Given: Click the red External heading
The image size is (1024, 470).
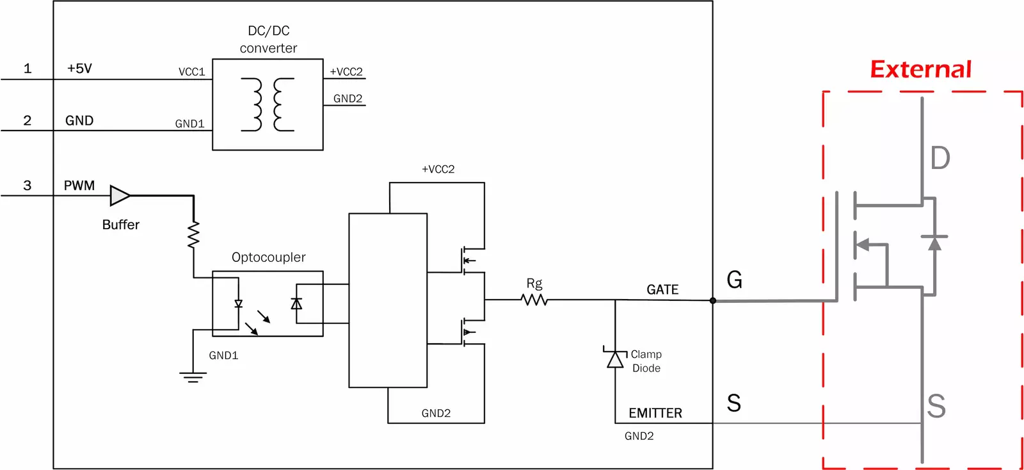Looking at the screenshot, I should [920, 69].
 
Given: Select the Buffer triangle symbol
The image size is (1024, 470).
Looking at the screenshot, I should [119, 195].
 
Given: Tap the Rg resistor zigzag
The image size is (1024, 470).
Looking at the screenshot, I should [534, 300].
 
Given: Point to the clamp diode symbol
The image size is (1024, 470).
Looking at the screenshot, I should [615, 360].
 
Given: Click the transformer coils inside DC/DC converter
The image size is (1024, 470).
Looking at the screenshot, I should [268, 104].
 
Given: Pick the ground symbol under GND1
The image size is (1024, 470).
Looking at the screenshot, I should [193, 377].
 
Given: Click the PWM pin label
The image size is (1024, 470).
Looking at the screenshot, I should [79, 186].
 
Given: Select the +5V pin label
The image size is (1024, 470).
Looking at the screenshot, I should [79, 69].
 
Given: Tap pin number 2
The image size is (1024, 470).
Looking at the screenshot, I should [27, 120].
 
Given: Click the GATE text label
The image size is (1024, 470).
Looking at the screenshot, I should [662, 289].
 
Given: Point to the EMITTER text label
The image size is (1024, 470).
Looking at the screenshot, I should [655, 413].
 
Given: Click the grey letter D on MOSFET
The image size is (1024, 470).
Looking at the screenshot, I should [940, 158].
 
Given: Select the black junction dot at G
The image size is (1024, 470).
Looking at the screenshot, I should [713, 300].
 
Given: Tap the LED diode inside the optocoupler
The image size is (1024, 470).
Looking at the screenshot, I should [239, 304].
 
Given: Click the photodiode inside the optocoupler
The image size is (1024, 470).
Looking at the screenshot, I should [296, 304].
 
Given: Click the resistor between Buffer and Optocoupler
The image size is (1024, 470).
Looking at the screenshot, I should [193, 235].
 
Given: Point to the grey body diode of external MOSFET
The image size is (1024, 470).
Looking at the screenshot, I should [934, 243].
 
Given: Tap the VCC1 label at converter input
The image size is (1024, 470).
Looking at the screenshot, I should [191, 72].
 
